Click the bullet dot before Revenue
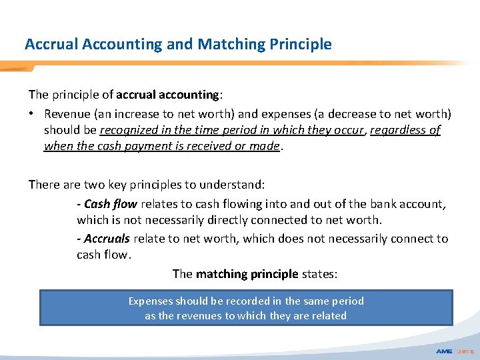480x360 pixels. [31, 114]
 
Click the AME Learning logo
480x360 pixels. [455, 351]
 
